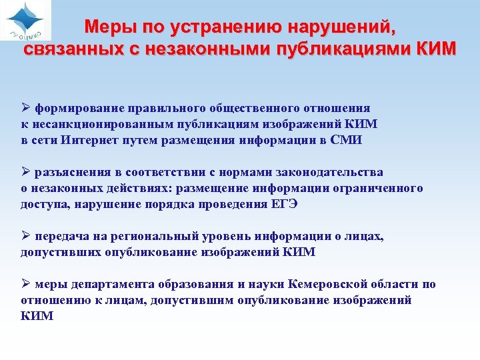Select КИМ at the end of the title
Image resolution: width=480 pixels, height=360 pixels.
(433, 50)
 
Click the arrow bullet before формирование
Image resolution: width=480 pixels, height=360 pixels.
(26, 108)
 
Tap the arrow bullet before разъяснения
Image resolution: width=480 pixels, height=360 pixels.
(26, 173)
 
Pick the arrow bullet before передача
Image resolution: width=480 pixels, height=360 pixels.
(26, 237)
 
